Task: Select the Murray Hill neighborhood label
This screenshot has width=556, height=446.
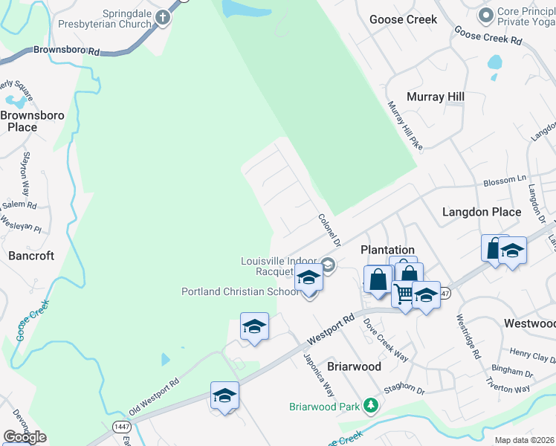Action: (435, 97)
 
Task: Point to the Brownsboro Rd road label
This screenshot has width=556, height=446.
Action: (66, 51)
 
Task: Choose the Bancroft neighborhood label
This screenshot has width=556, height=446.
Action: (31, 256)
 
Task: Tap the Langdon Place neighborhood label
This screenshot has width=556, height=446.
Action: (482, 212)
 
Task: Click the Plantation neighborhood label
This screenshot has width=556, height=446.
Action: (387, 250)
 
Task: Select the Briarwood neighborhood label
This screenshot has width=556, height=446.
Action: (355, 366)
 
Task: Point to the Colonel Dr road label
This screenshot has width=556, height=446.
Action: (329, 230)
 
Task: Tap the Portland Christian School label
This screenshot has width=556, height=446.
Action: (240, 291)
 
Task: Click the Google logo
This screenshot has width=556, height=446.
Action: (25, 437)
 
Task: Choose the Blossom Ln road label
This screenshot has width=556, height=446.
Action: (505, 181)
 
